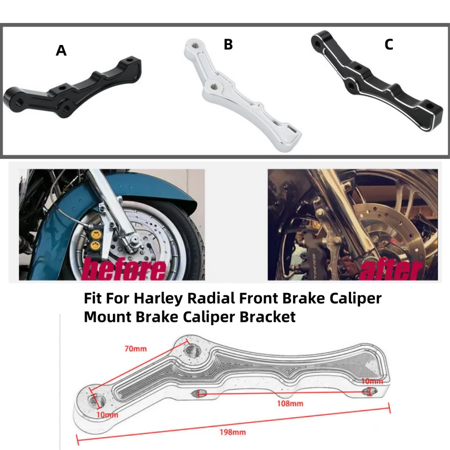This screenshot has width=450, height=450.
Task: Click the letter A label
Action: (x=61, y=51)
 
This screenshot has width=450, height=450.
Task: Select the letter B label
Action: (x=228, y=45)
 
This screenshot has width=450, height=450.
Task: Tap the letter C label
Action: (x=389, y=45)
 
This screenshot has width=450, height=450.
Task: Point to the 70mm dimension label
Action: (x=135, y=349)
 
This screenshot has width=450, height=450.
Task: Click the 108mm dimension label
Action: (x=291, y=403)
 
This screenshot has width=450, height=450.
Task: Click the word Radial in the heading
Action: (x=205, y=298)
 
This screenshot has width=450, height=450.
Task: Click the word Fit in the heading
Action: (x=92, y=298)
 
